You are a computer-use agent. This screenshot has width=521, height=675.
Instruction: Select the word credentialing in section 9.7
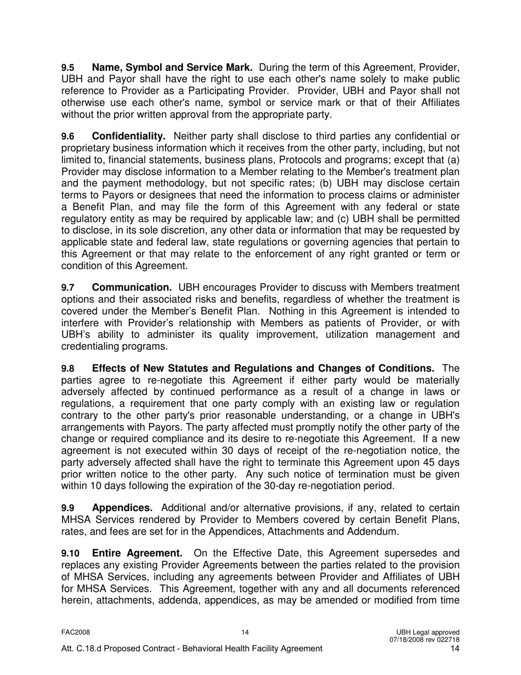pos(91,346)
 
